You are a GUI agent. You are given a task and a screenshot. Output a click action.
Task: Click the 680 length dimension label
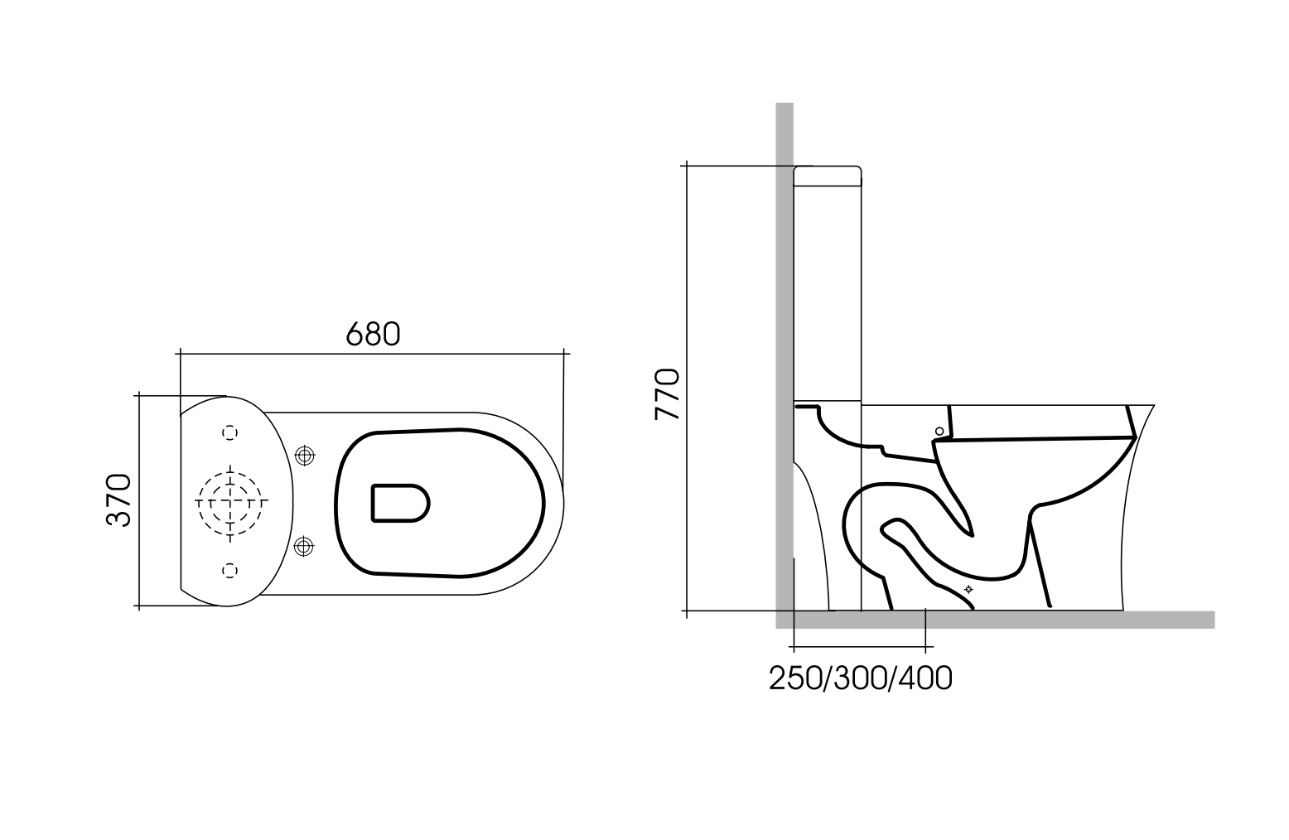(373, 333)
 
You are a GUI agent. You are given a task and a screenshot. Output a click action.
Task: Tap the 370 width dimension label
(118, 500)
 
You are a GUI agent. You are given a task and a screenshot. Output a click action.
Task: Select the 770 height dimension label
(667, 394)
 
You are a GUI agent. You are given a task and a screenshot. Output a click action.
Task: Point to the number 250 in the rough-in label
(794, 678)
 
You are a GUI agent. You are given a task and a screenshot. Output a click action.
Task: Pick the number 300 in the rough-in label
(859, 678)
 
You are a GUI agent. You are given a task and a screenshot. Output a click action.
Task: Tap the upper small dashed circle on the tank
(230, 432)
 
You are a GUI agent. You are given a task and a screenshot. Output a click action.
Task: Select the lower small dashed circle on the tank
(230, 569)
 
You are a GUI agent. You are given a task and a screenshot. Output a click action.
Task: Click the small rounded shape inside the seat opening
(400, 503)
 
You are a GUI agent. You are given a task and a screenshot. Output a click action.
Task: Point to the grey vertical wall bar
(785, 331)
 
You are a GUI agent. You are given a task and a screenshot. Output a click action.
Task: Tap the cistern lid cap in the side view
(828, 176)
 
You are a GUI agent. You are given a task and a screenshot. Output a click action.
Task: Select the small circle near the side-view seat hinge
(939, 431)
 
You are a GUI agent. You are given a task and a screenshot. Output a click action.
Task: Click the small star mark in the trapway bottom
(968, 589)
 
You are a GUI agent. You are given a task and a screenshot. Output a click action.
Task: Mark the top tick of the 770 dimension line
(686, 166)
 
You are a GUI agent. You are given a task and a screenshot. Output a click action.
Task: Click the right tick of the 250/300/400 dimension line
(925, 645)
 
